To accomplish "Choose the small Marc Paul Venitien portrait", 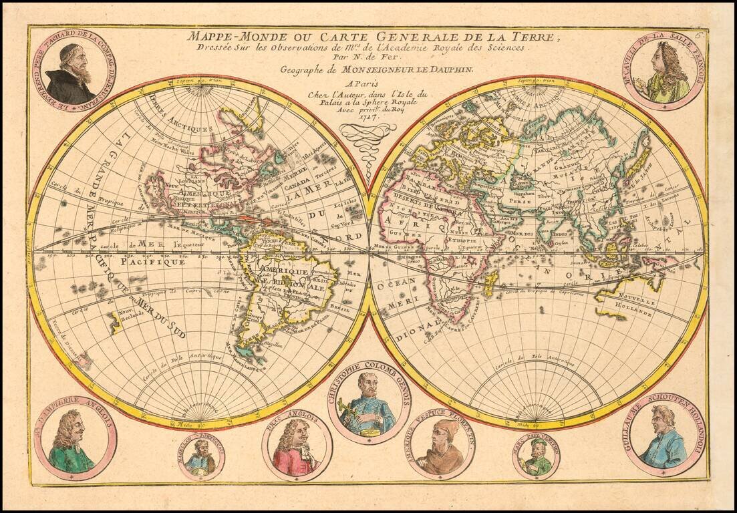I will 536,456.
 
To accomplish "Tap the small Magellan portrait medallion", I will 201,457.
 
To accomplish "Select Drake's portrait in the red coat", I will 297,446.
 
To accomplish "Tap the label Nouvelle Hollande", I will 633,306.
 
